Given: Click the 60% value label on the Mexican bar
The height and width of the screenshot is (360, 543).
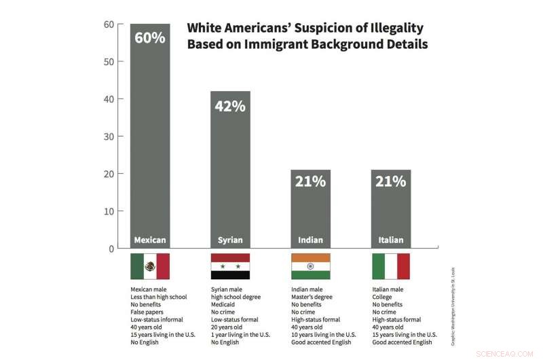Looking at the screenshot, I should pos(150,37).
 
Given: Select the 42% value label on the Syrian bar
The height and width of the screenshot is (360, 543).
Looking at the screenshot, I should pos(230,106).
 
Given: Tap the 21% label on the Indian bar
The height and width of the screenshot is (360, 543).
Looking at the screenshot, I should pos(310,181).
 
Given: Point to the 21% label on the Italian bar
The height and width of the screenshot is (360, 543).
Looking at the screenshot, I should pos(391,181).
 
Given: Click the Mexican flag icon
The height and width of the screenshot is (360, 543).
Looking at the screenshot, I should pos(150,266).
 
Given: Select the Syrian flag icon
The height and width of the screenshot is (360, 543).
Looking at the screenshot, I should pos(230,266).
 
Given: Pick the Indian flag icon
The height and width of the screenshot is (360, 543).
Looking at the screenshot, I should pos(310,266).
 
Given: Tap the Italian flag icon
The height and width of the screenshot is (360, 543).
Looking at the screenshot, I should pos(391,266).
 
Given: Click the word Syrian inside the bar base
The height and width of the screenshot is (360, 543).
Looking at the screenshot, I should pos(230,240).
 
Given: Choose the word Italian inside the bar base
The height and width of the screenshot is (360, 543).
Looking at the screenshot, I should pos(391,240).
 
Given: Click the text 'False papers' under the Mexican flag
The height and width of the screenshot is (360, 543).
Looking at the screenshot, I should pos(147,312).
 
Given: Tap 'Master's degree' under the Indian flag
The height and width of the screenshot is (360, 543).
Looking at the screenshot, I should pos(312,298).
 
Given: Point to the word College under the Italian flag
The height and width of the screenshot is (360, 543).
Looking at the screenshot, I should pos(382,298).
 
